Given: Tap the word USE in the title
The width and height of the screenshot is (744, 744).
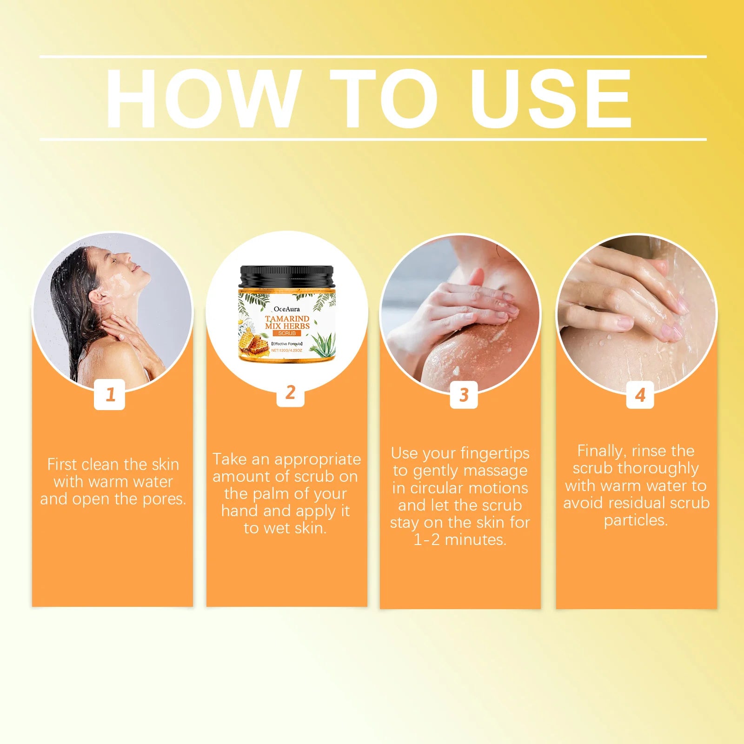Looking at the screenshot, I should point(551,99).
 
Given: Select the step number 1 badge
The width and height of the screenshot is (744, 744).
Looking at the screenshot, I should point(110,394).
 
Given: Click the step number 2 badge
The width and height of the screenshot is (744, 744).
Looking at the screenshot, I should point(290,392).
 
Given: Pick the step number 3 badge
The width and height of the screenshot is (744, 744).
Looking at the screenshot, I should point(464,395).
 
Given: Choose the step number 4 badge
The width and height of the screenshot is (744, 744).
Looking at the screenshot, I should point(640,395).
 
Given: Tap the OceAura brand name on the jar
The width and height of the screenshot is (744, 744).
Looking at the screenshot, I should point(286,309).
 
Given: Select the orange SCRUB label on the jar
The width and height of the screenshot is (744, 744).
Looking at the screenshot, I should point(287,333).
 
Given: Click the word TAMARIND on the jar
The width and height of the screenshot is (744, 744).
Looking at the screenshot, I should point(287,319).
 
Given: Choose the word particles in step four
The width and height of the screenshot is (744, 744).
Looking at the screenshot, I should point(635,520).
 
